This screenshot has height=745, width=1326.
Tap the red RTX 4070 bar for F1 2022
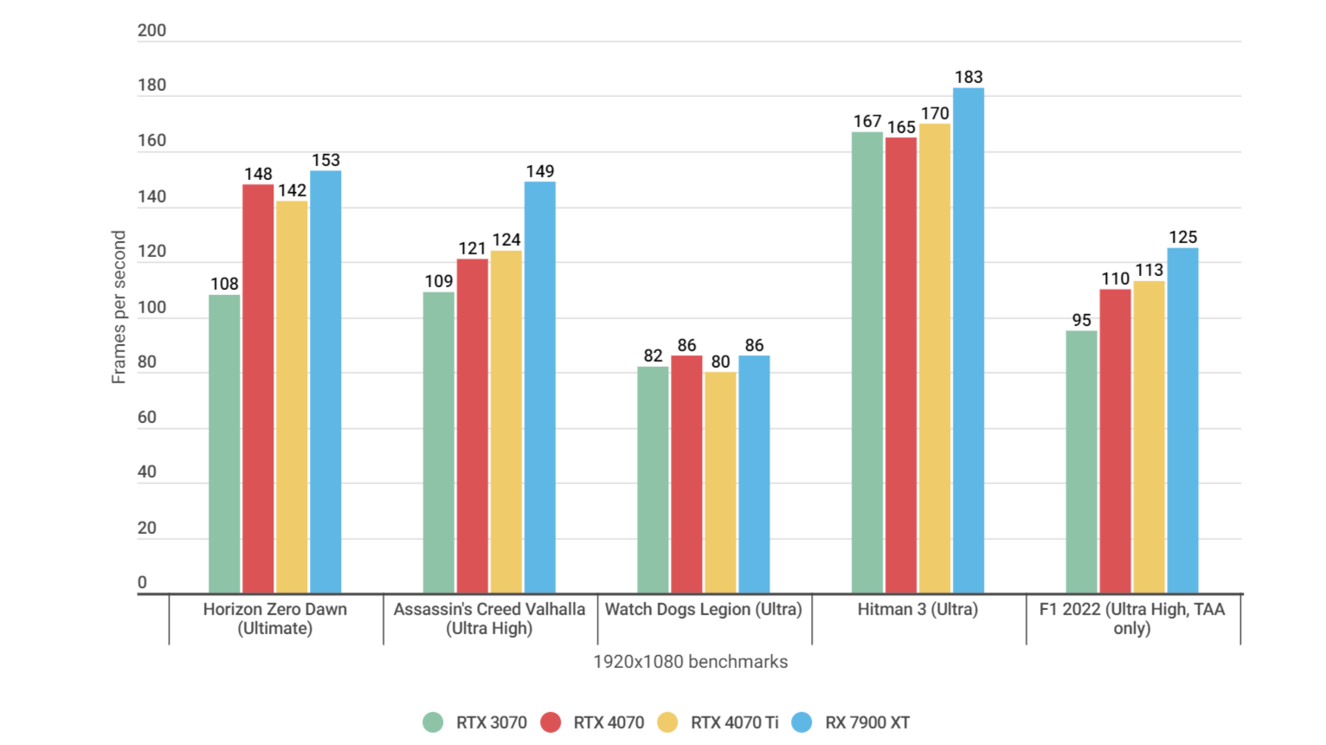[x=1115, y=441]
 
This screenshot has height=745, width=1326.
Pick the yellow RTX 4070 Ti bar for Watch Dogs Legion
[x=720, y=483]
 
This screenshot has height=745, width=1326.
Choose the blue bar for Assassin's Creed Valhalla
[x=539, y=387]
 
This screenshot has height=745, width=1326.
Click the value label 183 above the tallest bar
[x=968, y=77]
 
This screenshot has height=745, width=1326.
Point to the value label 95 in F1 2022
[x=1081, y=320]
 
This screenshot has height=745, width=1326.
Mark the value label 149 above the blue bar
[x=539, y=171]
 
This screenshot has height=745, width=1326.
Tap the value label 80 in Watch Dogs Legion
[x=720, y=362]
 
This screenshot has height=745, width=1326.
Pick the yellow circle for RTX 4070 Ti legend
[x=667, y=723]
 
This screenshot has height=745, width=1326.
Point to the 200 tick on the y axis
[x=151, y=30]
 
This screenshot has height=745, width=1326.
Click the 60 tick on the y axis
[x=147, y=417]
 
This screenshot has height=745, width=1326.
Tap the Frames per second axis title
[x=119, y=307]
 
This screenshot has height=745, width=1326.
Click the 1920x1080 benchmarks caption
[x=690, y=662]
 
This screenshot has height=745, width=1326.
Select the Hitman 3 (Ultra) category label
[x=917, y=609]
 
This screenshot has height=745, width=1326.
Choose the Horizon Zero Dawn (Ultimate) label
[x=275, y=619]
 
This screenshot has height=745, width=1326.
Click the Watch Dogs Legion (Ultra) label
[x=703, y=609]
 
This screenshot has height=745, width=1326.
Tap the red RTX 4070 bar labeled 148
[x=258, y=389]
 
